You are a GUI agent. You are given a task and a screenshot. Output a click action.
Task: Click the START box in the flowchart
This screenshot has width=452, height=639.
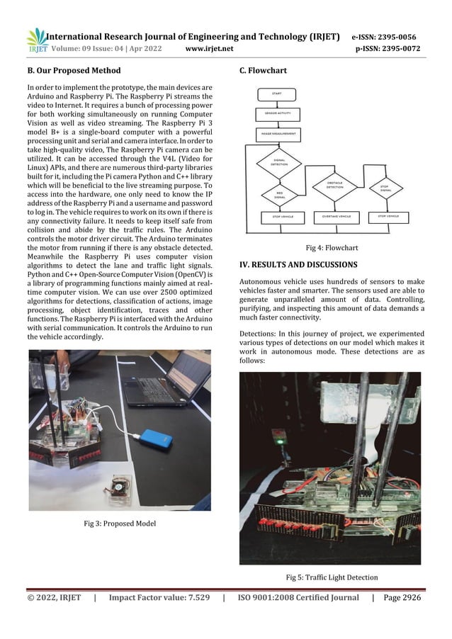point(278,94)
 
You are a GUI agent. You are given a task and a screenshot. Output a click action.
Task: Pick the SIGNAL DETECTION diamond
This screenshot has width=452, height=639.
point(278,163)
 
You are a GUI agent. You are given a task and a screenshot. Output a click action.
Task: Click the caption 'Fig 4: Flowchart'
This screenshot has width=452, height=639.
point(331,248)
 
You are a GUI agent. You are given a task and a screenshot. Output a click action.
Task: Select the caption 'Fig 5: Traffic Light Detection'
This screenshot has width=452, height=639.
point(331,577)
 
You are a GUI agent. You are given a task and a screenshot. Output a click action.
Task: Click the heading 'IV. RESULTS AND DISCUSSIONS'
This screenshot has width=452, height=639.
point(298,265)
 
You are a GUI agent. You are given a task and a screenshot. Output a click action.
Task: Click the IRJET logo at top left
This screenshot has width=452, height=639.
point(36,41)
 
